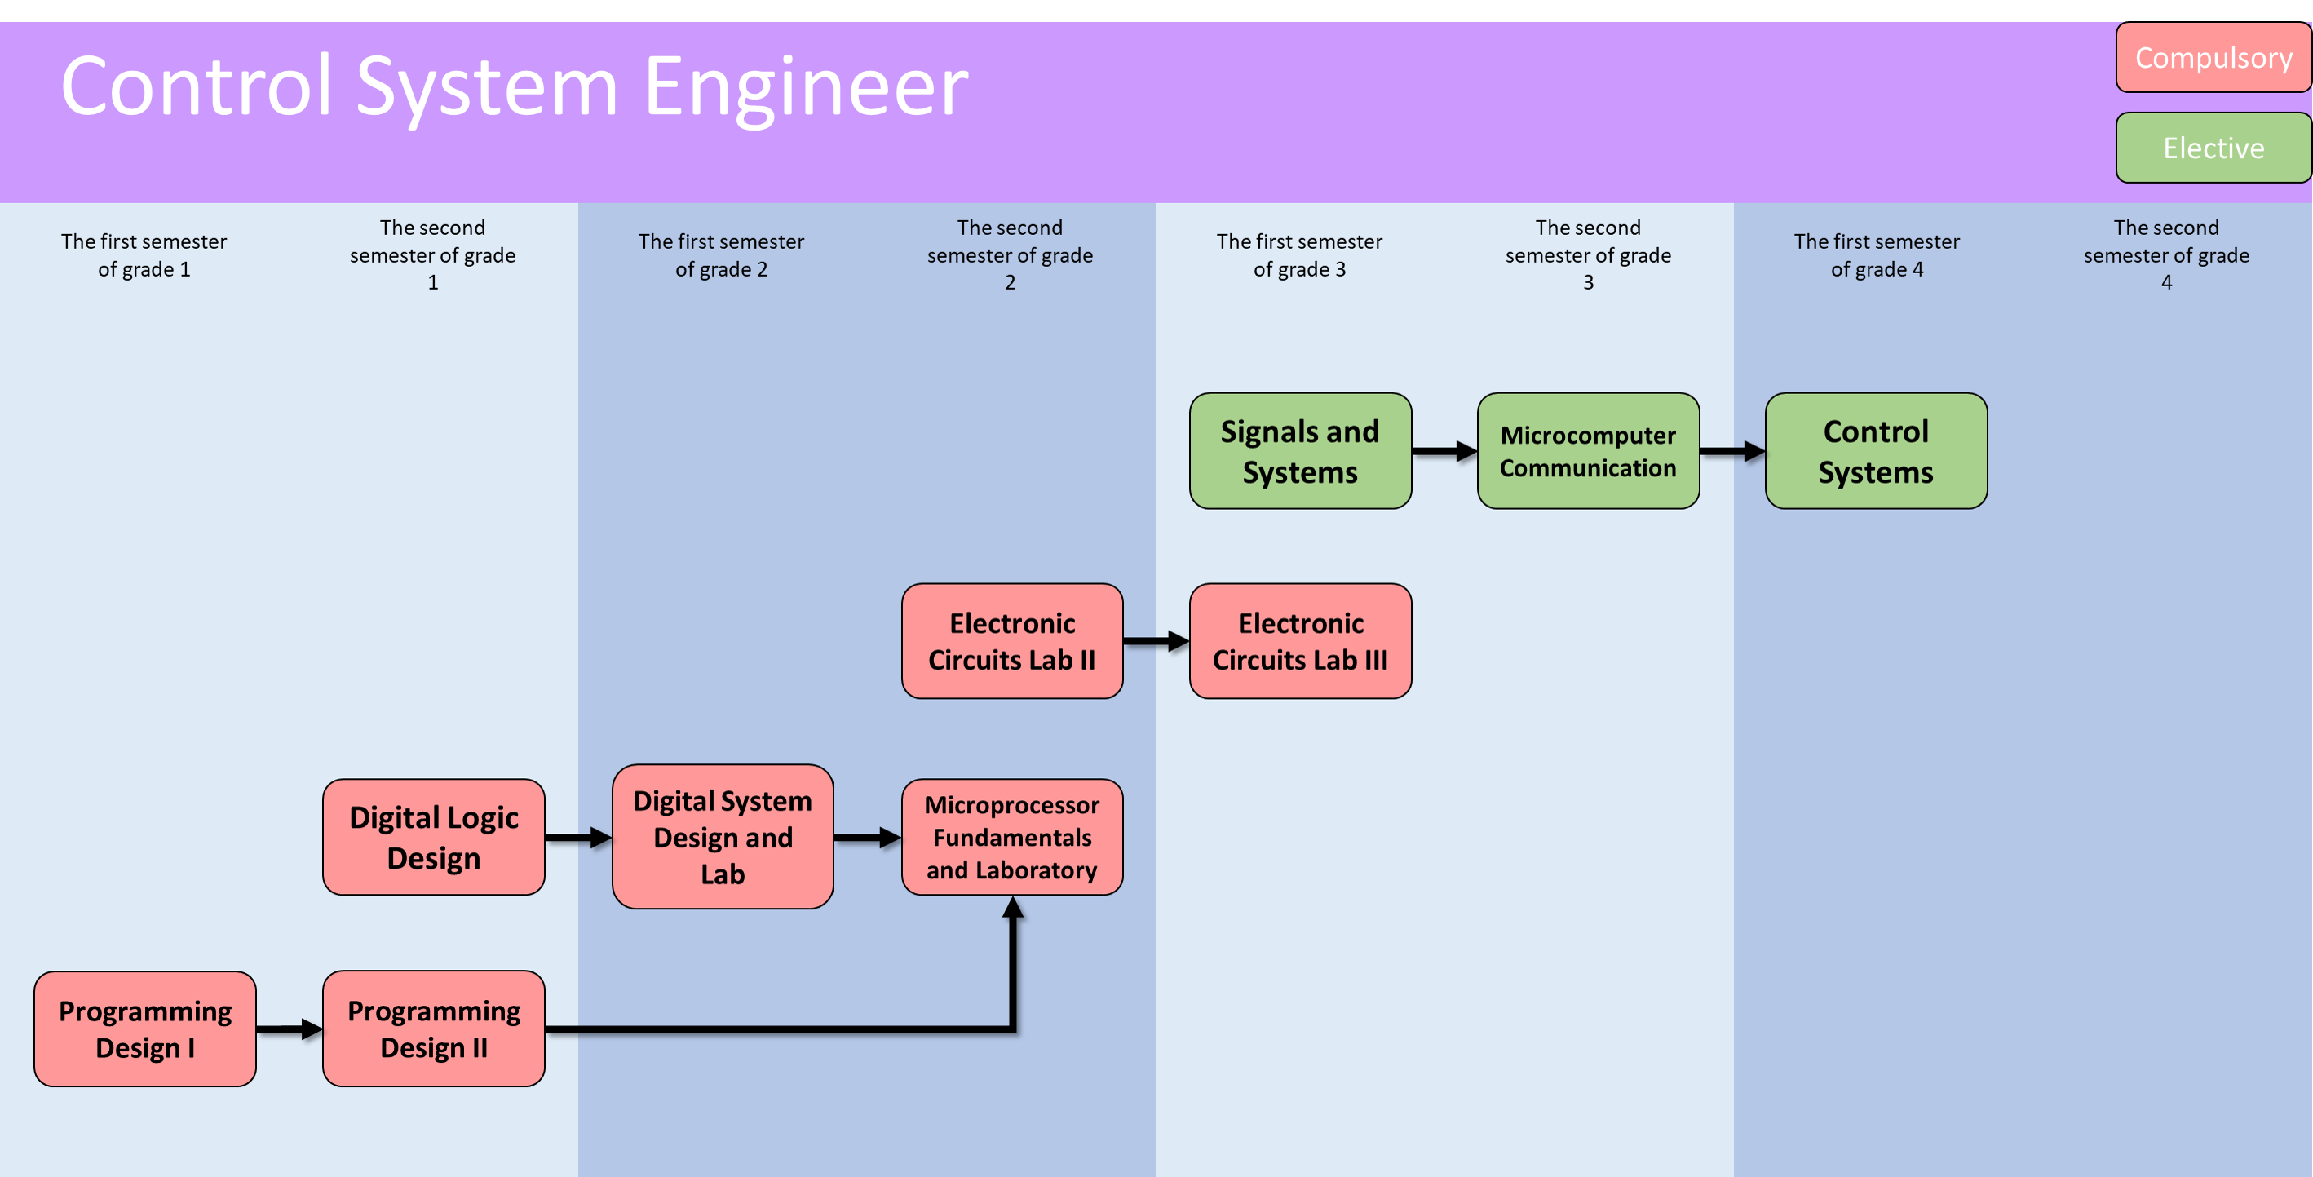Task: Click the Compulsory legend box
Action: click(x=2213, y=57)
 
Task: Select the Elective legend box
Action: click(x=2213, y=148)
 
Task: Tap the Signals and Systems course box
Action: click(x=1299, y=451)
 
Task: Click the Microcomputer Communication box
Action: click(x=1587, y=451)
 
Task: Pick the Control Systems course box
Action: click(x=1875, y=451)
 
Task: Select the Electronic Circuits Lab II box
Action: click(x=1012, y=641)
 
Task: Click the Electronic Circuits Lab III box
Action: click(x=1299, y=641)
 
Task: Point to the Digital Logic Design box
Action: click(x=434, y=837)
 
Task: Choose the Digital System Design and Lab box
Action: click(x=722, y=837)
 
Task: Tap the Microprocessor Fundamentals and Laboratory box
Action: click(x=1012, y=837)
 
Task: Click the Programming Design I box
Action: click(x=144, y=1029)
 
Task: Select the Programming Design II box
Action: click(x=434, y=1029)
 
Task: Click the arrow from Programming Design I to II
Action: click(x=289, y=1029)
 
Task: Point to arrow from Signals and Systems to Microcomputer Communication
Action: click(x=1444, y=451)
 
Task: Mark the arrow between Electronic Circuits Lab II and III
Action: click(x=1156, y=641)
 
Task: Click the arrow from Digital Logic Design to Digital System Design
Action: click(x=578, y=838)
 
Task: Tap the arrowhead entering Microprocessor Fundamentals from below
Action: click(x=1013, y=908)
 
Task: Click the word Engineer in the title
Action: click(x=806, y=86)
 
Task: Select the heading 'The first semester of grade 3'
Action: click(x=1299, y=255)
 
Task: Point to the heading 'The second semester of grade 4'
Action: click(x=2165, y=255)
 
